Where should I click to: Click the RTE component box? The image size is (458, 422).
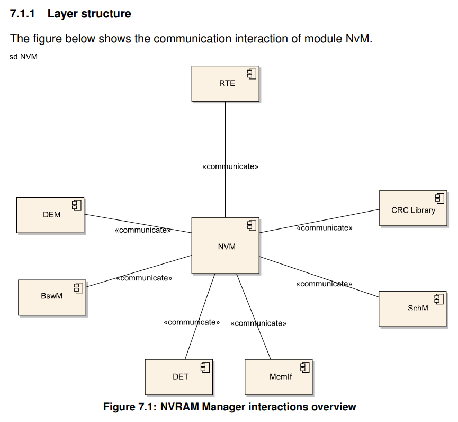pyautogui.click(x=225, y=84)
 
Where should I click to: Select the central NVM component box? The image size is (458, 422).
pyautogui.click(x=225, y=245)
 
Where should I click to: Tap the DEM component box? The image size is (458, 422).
pyautogui.click(x=50, y=215)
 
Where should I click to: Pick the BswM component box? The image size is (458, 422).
pyautogui.click(x=52, y=297)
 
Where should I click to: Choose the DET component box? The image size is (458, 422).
pyautogui.click(x=179, y=377)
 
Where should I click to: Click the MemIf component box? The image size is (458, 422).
pyautogui.click(x=279, y=377)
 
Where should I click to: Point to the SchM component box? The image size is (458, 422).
pyautogui.click(x=412, y=309)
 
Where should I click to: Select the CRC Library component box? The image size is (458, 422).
pyautogui.click(x=413, y=208)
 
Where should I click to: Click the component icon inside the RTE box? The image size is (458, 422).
pyautogui.click(x=252, y=74)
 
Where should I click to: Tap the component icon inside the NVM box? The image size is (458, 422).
pyautogui.click(x=252, y=225)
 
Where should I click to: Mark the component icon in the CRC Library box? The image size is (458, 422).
pyautogui.click(x=439, y=198)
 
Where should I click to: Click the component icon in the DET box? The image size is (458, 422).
pyautogui.click(x=205, y=367)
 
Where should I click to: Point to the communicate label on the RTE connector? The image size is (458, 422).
pyautogui.click(x=230, y=166)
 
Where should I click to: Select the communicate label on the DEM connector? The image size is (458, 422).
pyautogui.click(x=143, y=230)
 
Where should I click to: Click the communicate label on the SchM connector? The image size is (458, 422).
pyautogui.click(x=324, y=284)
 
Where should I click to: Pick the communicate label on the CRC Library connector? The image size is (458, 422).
pyautogui.click(x=325, y=228)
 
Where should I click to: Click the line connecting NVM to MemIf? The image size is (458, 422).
pyautogui.click(x=254, y=316)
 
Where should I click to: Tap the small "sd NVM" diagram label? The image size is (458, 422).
pyautogui.click(x=23, y=57)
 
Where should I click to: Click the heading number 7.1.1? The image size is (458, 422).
pyautogui.click(x=22, y=14)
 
